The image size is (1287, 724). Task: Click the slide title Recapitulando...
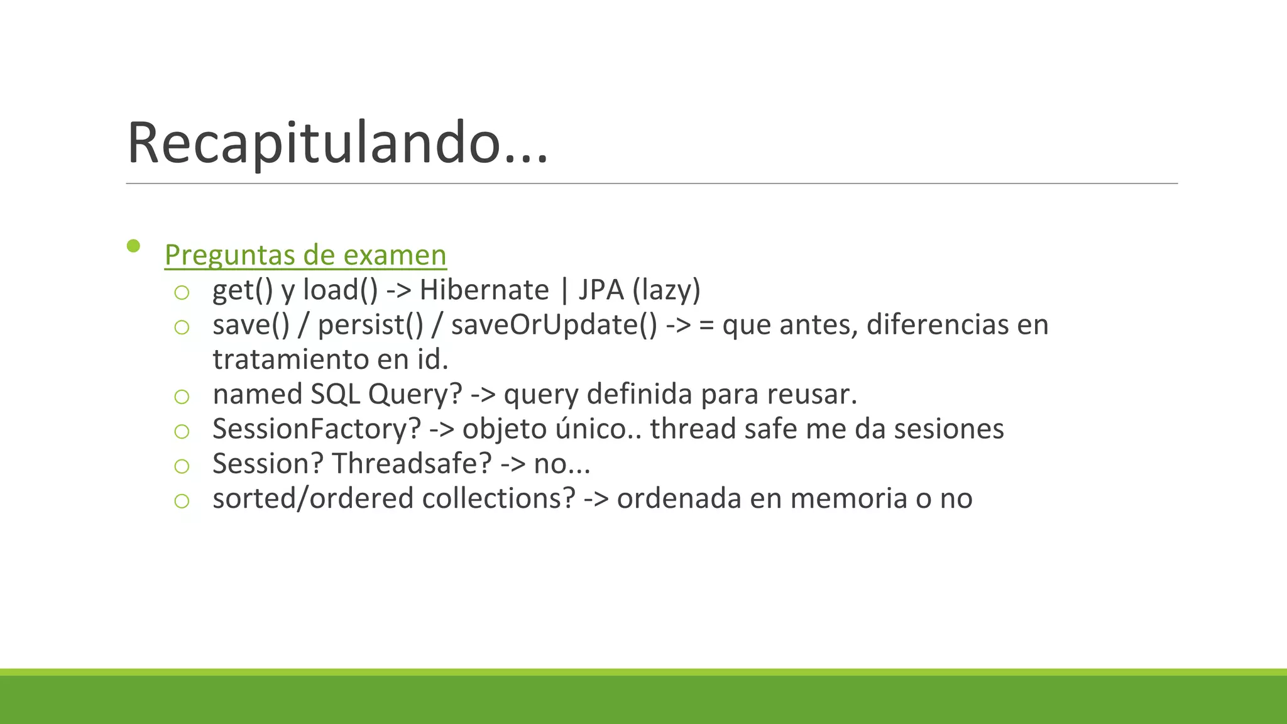click(x=337, y=143)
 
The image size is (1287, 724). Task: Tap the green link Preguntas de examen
click(x=305, y=255)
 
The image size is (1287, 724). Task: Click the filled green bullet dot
click(x=133, y=246)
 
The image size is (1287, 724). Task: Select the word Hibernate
click(x=484, y=290)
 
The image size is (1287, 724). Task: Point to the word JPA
click(x=601, y=290)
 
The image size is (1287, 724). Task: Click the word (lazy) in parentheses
click(x=666, y=290)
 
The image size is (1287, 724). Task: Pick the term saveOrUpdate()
click(x=554, y=325)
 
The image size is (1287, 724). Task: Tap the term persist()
click(x=371, y=325)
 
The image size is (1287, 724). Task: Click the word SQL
click(x=335, y=395)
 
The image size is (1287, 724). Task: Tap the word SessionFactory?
click(x=317, y=429)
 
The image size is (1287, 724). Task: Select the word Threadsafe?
click(x=412, y=464)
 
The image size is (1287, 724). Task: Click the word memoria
click(x=848, y=498)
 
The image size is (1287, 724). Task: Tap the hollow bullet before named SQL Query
click(x=182, y=397)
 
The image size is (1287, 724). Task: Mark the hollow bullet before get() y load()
click(x=182, y=292)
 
